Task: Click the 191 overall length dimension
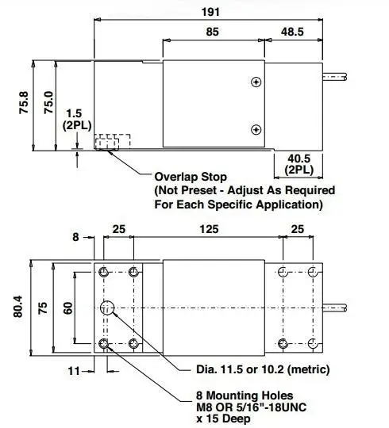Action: click(210, 12)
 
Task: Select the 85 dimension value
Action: click(213, 32)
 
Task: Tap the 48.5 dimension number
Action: click(292, 32)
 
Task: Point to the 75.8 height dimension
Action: click(24, 102)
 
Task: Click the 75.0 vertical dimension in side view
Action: click(49, 102)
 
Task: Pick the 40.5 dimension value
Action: click(298, 159)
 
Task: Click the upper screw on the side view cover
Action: click(256, 82)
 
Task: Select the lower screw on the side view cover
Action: click(256, 129)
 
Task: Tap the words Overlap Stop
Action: click(191, 178)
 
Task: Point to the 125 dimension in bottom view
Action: click(209, 229)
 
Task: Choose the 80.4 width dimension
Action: click(18, 307)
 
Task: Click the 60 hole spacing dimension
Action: click(68, 308)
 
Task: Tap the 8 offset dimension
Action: click(75, 237)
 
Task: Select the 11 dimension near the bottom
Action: click(74, 371)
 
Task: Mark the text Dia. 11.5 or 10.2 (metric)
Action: click(263, 369)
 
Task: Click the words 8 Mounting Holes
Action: click(245, 396)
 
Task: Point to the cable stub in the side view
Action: click(335, 77)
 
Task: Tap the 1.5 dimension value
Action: click(74, 113)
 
